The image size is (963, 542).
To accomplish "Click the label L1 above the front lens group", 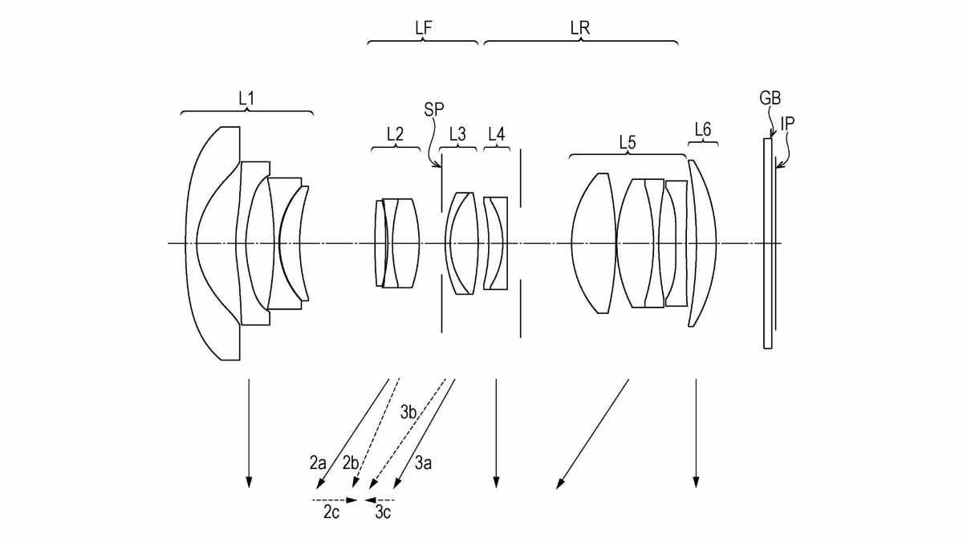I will click(246, 98).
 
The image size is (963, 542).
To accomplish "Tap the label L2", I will click(395, 135).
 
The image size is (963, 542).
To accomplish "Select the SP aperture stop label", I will click(434, 108).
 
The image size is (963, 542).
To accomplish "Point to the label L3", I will click(457, 135).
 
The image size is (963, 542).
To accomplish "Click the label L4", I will click(496, 135).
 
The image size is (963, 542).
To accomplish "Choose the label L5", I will click(627, 141).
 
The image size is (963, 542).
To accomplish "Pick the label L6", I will click(702, 129).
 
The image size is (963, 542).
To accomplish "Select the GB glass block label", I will click(770, 100).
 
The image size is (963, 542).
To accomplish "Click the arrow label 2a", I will click(318, 463).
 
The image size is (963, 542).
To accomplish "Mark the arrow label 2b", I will click(351, 463).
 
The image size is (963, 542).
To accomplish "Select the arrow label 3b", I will click(408, 413).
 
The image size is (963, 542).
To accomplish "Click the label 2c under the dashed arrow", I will click(331, 512).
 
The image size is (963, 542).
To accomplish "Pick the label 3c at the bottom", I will click(383, 512).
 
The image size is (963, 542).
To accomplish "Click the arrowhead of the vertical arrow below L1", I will click(249, 482).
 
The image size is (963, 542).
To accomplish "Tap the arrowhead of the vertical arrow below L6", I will click(696, 482).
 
